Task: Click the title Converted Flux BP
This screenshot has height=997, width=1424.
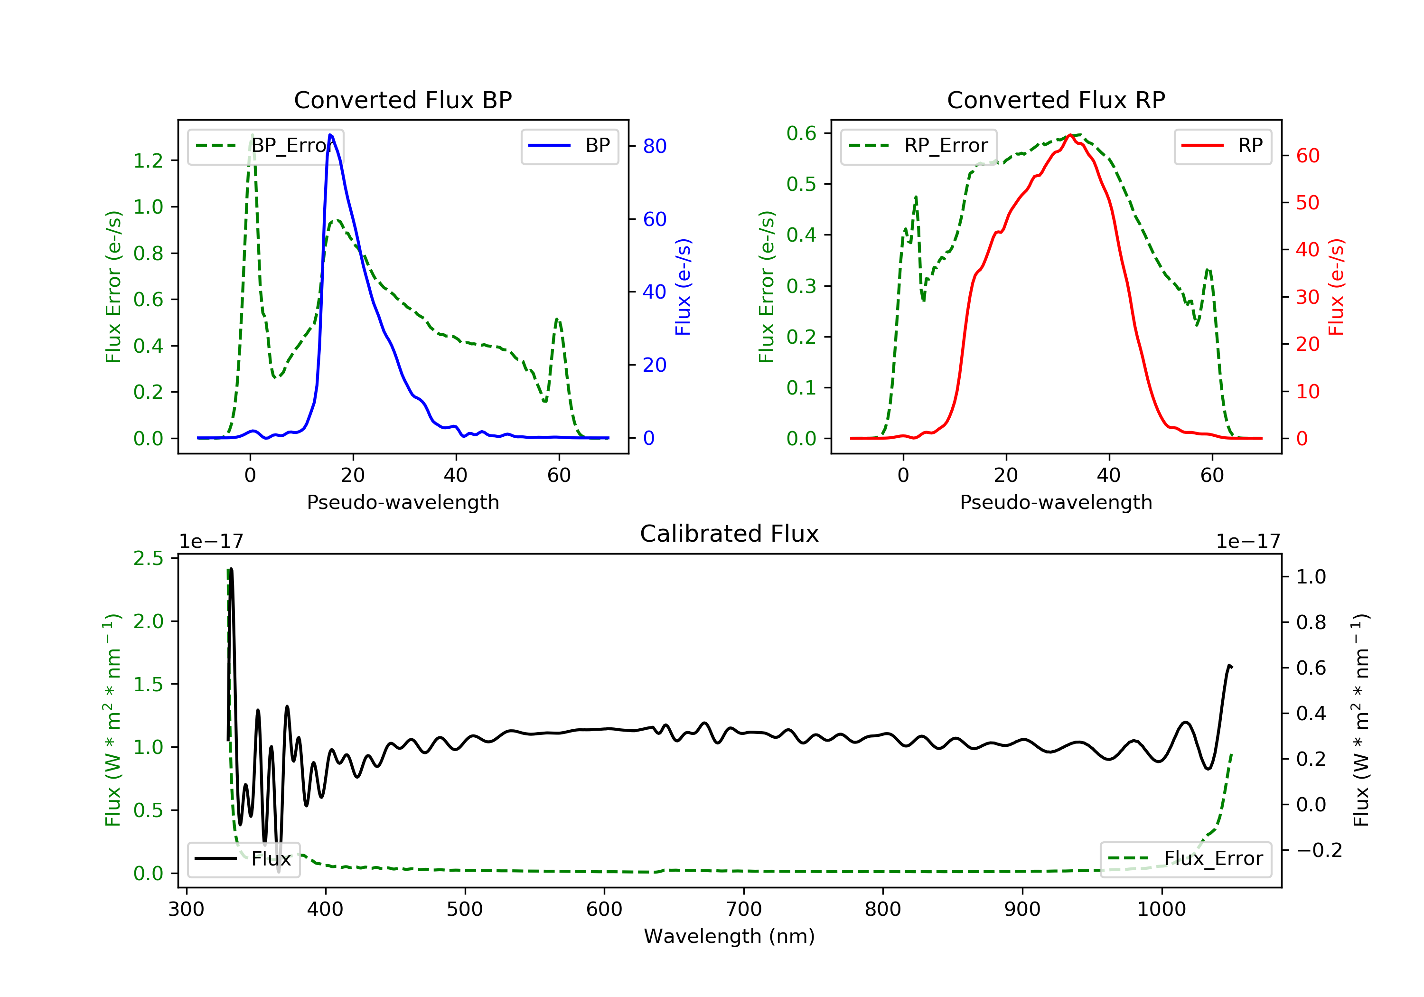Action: tap(403, 100)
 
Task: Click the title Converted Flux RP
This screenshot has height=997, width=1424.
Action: tap(1056, 100)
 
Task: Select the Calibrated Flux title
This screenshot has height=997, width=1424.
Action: tap(730, 534)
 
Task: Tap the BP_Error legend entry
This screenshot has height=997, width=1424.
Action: tap(265, 146)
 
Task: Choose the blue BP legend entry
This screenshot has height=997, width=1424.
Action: tap(569, 146)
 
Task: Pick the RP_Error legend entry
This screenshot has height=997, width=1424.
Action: tap(918, 146)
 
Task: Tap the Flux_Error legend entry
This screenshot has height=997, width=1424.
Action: tap(1185, 859)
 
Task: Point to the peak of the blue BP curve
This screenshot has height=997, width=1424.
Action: tap(330, 135)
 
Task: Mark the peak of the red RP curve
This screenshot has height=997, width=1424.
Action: tap(1070, 135)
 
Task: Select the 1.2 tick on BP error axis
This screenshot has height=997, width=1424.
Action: tap(148, 160)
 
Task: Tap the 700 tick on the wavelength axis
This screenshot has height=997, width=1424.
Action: tap(744, 910)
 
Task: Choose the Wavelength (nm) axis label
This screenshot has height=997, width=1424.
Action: tap(730, 936)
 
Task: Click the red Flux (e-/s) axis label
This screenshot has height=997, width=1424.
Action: tap(1336, 287)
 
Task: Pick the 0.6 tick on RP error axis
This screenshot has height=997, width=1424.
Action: tap(801, 133)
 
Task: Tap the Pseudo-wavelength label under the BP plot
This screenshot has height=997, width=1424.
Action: tap(403, 502)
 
